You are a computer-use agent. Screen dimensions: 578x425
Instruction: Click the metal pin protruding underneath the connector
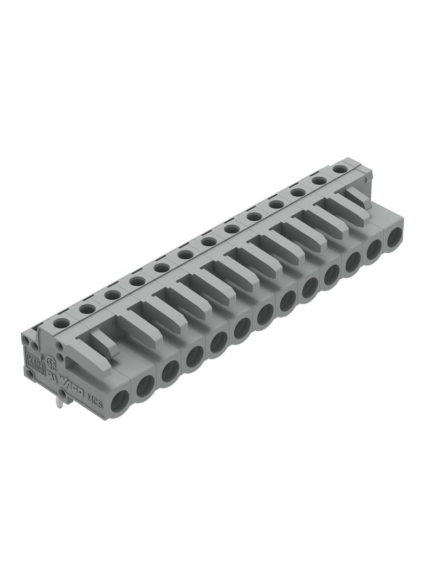pyautogui.click(x=63, y=402)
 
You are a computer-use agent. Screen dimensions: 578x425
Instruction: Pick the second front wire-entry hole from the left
pyautogui.click(x=145, y=387)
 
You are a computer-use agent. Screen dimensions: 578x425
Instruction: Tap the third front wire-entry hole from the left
pyautogui.click(x=170, y=370)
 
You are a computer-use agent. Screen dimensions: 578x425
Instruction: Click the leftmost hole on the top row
pyautogui.click(x=61, y=323)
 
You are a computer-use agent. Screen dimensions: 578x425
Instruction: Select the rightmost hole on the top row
pyautogui.click(x=339, y=169)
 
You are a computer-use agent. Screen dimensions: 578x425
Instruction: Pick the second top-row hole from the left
pyautogui.click(x=87, y=309)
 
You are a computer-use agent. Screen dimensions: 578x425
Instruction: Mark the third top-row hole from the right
pyautogui.click(x=297, y=192)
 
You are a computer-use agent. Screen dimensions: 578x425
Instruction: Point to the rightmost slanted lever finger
pyautogui.click(x=358, y=202)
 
